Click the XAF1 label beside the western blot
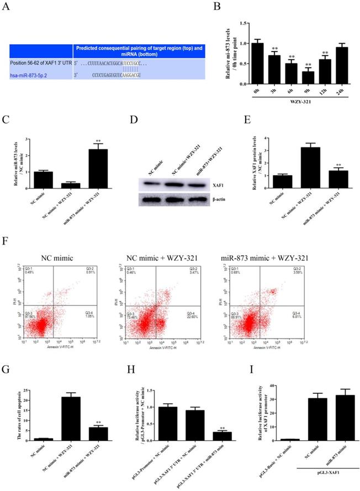pyautogui.click(x=204, y=188)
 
